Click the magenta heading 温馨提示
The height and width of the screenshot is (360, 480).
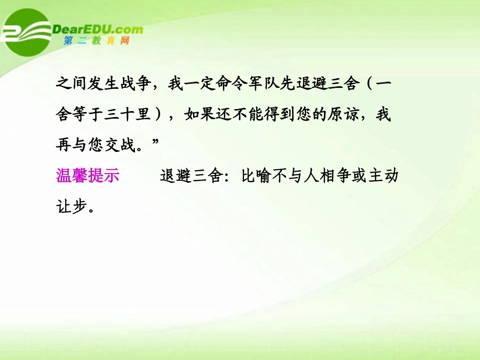[x=87, y=176]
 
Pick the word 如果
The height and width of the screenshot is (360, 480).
[x=202, y=115]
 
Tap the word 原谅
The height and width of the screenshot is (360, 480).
[x=351, y=115]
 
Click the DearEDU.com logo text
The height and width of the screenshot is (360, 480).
[x=98, y=29]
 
